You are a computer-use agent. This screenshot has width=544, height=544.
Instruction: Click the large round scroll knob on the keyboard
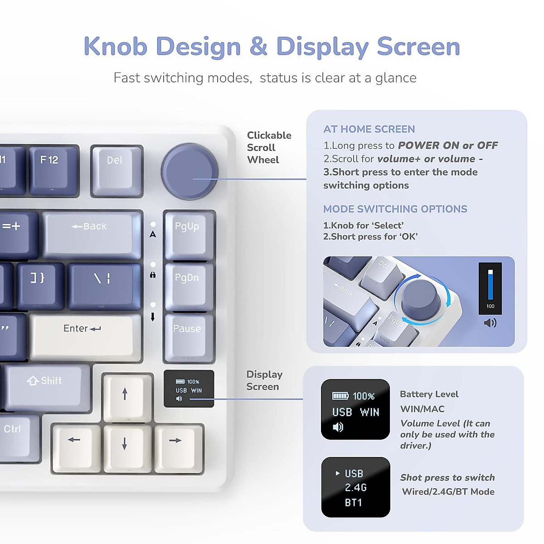click(189, 171)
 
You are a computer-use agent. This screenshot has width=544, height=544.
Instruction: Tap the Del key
click(117, 170)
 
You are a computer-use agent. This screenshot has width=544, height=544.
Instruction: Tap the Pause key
click(189, 337)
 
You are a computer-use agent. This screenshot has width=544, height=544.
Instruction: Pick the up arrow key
click(125, 396)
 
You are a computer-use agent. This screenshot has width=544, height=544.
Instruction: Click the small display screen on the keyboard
click(189, 389)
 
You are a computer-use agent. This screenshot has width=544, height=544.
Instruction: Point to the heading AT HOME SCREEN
click(369, 129)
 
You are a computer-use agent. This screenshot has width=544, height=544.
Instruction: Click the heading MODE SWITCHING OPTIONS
click(395, 209)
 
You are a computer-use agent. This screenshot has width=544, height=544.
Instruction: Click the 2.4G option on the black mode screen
click(355, 488)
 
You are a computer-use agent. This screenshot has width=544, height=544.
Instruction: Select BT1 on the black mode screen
click(354, 502)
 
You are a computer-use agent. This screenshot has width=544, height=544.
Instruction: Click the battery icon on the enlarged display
click(340, 396)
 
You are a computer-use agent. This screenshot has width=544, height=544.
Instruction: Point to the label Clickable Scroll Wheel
click(269, 147)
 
